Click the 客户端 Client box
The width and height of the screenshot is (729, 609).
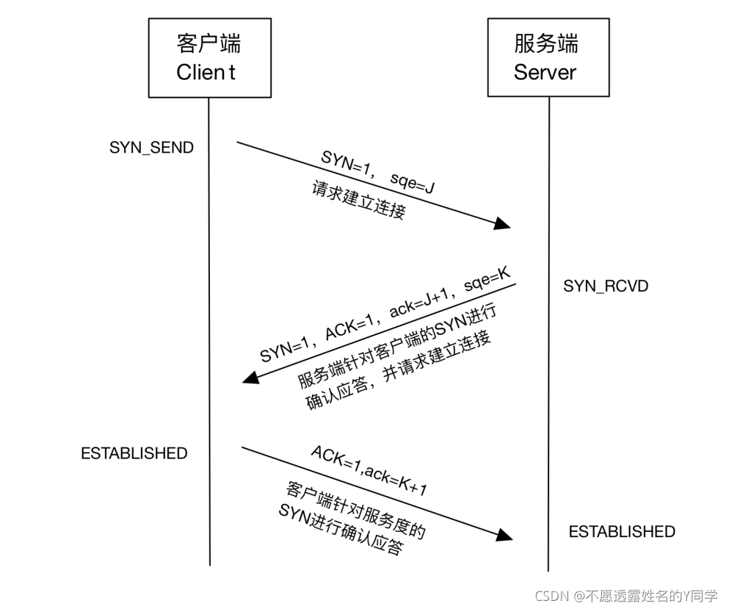[x=208, y=57]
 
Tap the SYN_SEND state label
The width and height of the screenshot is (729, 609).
[x=152, y=147]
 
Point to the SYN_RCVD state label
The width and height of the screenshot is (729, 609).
[x=606, y=286]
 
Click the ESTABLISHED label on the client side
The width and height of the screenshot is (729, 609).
[x=134, y=453]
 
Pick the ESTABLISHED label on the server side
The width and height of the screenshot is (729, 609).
[x=622, y=531]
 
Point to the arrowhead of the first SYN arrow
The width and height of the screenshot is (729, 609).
[x=503, y=223]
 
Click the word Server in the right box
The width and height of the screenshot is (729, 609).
[x=545, y=72]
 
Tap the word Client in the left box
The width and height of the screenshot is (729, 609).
[x=206, y=72]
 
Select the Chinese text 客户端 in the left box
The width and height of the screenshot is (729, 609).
[x=208, y=43]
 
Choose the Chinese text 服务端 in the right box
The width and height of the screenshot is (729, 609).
[x=546, y=43]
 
